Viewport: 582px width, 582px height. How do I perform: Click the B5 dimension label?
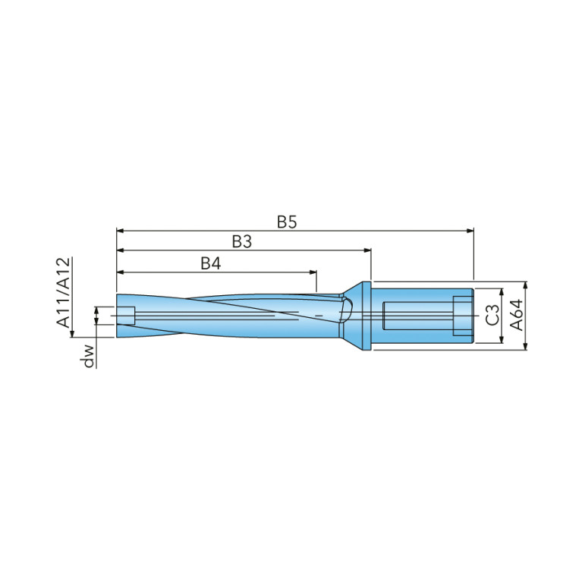point(287,222)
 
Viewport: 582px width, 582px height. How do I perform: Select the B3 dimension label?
point(242,241)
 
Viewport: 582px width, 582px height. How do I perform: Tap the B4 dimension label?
point(211,263)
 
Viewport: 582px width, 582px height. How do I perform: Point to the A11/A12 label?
point(63,292)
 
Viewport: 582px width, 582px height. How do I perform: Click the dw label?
point(89,356)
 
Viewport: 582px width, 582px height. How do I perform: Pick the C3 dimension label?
point(493,315)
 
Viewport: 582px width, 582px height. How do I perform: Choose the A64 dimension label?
point(516,315)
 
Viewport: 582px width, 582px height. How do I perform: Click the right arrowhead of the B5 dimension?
point(470,231)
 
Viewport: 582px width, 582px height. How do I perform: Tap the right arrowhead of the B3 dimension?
point(367,250)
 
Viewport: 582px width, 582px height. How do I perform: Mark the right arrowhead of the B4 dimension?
point(313,272)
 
